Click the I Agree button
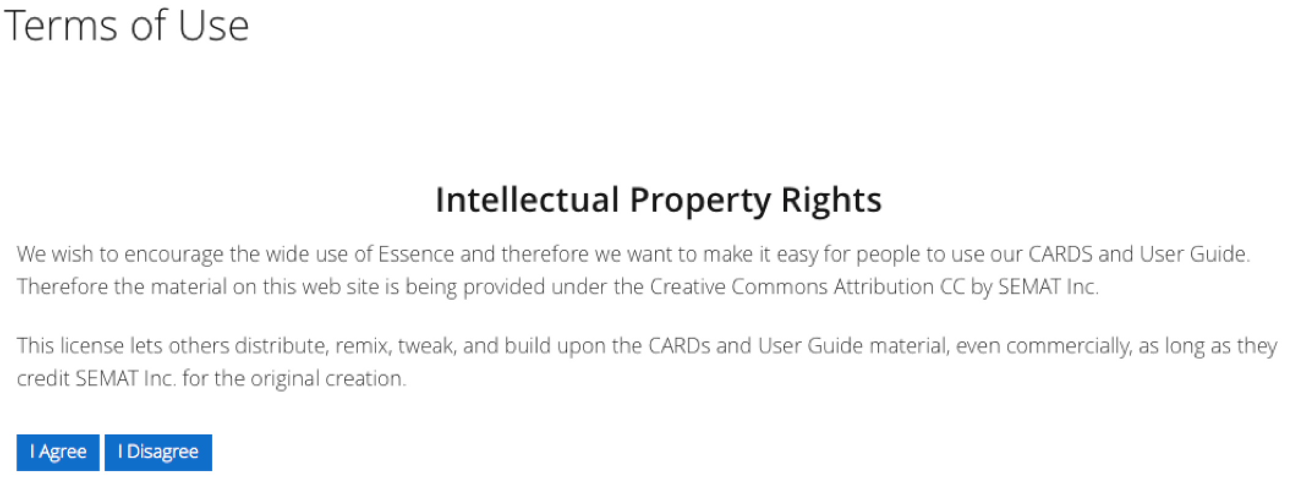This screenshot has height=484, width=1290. click(57, 452)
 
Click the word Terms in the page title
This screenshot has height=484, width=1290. click(60, 26)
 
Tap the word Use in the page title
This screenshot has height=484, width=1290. click(213, 26)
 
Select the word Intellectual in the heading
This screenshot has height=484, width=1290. click(527, 200)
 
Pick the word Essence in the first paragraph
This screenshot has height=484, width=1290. click(416, 254)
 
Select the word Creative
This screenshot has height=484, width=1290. click(688, 286)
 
